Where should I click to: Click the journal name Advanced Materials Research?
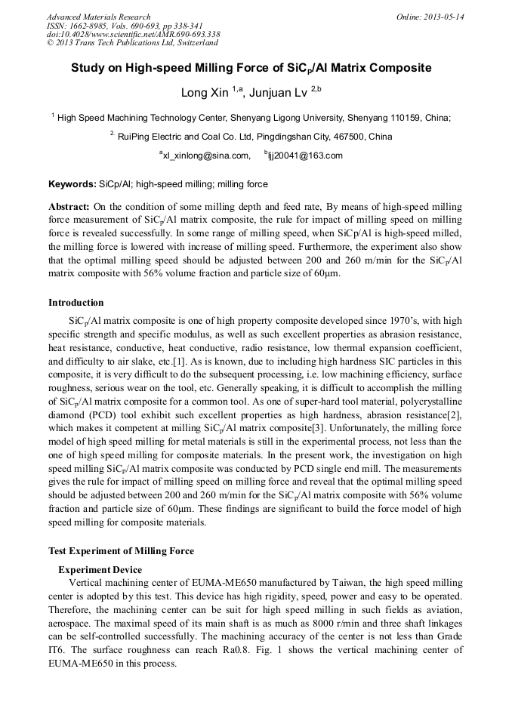pyautogui.click(x=98, y=17)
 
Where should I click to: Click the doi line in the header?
pyautogui.click(x=134, y=34)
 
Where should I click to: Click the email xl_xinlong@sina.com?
pyautogui.click(x=205, y=156)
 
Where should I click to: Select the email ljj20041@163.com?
pyautogui.click(x=304, y=156)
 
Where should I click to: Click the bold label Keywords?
pyautogui.click(x=72, y=184)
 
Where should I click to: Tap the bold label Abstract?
pyautogui.click(x=69, y=206)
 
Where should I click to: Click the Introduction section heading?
pyautogui.click(x=76, y=303)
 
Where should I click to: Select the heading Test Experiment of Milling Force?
pyautogui.click(x=121, y=550)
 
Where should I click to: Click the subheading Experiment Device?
pyautogui.click(x=100, y=569)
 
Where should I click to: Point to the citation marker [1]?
pyautogui.click(x=179, y=362)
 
